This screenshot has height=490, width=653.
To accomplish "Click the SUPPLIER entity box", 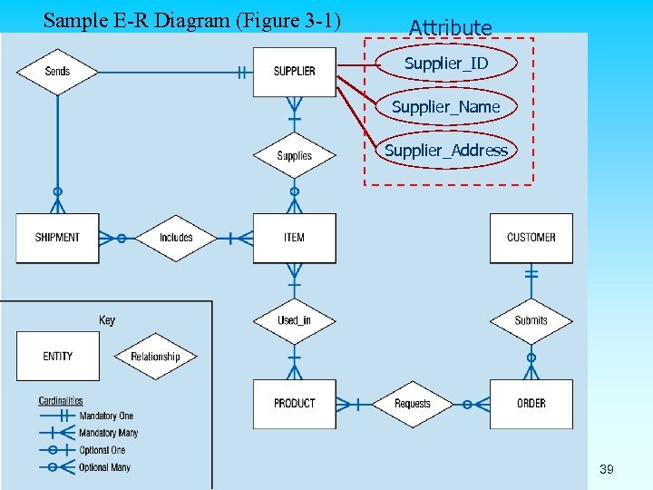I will tap(294, 71).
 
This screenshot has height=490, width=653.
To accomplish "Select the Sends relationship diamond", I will tap(57, 71).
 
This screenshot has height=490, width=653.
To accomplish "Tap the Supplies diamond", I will tap(294, 155).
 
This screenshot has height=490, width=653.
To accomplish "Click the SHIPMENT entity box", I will tap(57, 238).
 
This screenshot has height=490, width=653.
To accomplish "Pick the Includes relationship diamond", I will tap(176, 238).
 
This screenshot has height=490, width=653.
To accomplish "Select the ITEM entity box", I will tap(294, 238).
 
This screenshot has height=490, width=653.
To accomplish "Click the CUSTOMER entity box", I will tap(531, 238).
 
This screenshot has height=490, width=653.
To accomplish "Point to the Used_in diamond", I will tap(294, 320).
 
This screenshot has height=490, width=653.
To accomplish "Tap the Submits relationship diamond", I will tap(531, 320).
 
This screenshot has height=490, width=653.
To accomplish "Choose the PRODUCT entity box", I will tap(294, 404).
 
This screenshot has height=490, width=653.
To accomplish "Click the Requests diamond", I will tap(413, 404).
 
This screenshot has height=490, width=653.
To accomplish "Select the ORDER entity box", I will tap(531, 404).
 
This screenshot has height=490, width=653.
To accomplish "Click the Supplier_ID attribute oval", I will tap(446, 64).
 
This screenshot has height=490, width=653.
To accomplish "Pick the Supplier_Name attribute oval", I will tap(446, 107).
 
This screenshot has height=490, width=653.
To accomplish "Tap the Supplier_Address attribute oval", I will tap(446, 150).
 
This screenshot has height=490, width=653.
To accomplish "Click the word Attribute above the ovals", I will tap(451, 28).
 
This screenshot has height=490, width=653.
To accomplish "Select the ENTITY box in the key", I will tap(57, 356).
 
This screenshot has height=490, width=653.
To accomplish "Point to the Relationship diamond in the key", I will tap(155, 357).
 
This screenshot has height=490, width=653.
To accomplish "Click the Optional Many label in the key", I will tap(104, 467).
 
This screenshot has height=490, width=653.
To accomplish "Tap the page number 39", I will tap(607, 469).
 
